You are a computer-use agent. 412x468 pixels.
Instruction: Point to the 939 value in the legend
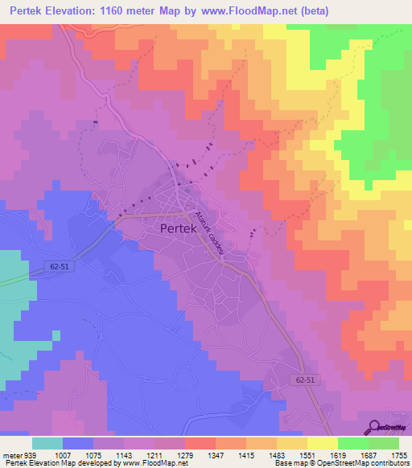[30, 454]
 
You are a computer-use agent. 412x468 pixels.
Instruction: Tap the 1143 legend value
[123, 454]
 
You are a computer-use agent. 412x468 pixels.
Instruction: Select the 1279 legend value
[184, 454]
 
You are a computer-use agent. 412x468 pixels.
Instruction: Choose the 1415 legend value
[245, 454]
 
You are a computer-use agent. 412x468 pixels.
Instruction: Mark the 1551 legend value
[307, 454]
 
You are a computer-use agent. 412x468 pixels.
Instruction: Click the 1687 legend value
[368, 454]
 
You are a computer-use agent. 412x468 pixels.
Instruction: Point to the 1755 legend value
[398, 454]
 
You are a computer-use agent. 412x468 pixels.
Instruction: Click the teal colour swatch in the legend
[47, 443]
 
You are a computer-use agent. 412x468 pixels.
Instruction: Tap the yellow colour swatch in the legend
[322, 443]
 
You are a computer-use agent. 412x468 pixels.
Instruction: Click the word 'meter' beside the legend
[10, 454]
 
